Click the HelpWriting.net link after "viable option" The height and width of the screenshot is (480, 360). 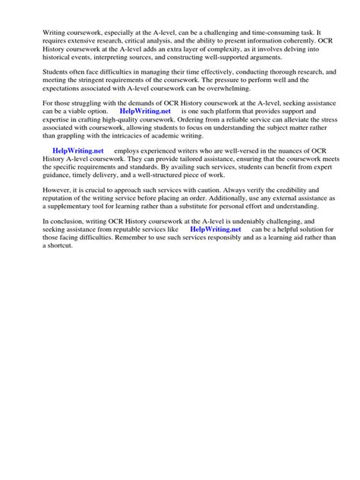pos(146,111)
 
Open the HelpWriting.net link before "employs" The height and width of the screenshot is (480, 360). pos(77,151)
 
